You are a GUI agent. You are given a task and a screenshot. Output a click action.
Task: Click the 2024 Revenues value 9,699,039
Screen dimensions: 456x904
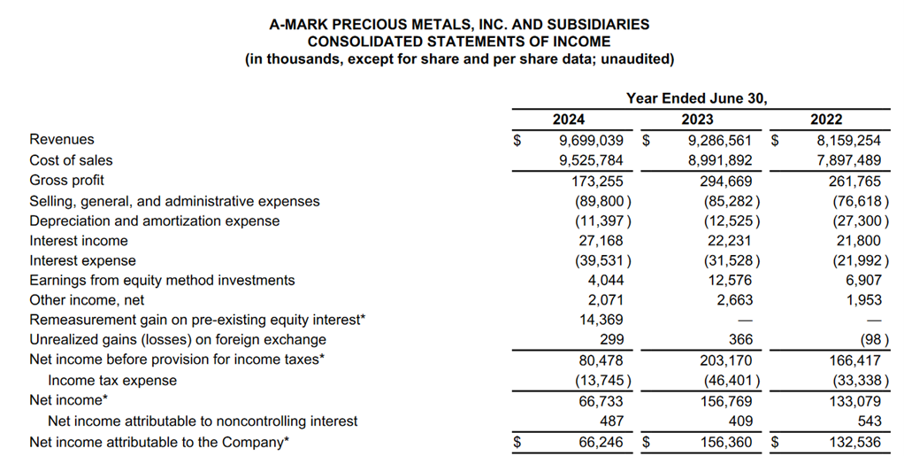pos(591,140)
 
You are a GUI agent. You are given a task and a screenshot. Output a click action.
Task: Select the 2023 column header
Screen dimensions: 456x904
pos(698,120)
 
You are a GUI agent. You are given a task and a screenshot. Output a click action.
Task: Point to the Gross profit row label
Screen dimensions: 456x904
pos(66,181)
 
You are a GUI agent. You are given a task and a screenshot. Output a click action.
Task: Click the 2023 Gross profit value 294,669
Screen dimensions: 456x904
pos(723,181)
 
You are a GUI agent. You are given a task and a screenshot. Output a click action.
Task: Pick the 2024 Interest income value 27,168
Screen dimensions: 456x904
pos(601,241)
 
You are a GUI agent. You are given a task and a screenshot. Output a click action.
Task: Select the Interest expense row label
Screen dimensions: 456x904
pos(83,260)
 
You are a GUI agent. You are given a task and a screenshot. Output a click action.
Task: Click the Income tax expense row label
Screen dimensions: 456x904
pos(112,380)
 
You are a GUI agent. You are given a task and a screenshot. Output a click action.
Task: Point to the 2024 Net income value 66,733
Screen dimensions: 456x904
pos(601,400)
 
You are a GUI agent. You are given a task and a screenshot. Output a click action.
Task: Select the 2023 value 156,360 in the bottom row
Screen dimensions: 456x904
pos(723,441)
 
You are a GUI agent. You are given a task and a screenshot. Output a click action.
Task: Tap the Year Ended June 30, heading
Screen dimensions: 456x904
pos(697,98)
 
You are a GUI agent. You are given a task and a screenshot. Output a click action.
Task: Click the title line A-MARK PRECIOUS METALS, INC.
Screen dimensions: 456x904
pos(459,25)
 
